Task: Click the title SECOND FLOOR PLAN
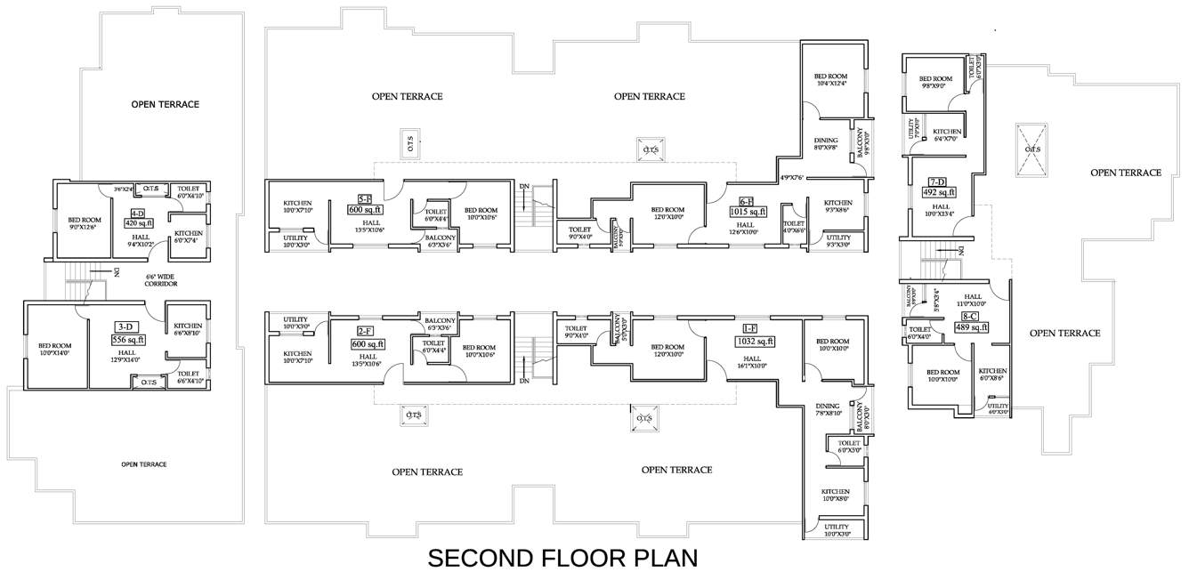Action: [562, 559]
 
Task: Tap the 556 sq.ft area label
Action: [128, 339]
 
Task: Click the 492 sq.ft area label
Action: [939, 192]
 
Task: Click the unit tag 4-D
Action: [138, 213]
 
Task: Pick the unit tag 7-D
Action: [938, 181]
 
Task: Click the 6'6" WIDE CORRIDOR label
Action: [162, 280]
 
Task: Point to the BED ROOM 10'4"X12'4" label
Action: [830, 80]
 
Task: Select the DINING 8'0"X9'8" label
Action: [827, 144]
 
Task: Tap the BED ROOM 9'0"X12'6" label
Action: [85, 223]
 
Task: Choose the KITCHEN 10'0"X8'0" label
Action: [835, 495]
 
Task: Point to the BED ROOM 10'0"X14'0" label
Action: [54, 350]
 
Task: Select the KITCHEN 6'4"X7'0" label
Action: [947, 135]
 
